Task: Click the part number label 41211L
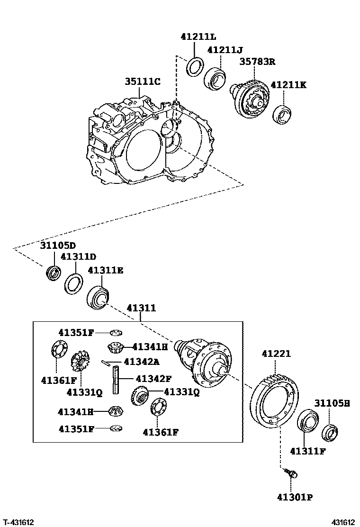pyautogui.click(x=198, y=36)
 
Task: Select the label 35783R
pyautogui.click(x=257, y=61)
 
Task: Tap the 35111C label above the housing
pyautogui.click(x=143, y=82)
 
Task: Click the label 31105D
pyautogui.click(x=57, y=245)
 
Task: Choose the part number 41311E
pyautogui.click(x=105, y=270)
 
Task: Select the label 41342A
pyautogui.click(x=141, y=362)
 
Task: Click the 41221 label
pyautogui.click(x=276, y=354)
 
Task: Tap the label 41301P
pyautogui.click(x=295, y=497)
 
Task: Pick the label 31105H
pyautogui.click(x=332, y=403)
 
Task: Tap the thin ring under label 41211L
pyautogui.click(x=194, y=66)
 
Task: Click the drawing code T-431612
pyautogui.click(x=18, y=522)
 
